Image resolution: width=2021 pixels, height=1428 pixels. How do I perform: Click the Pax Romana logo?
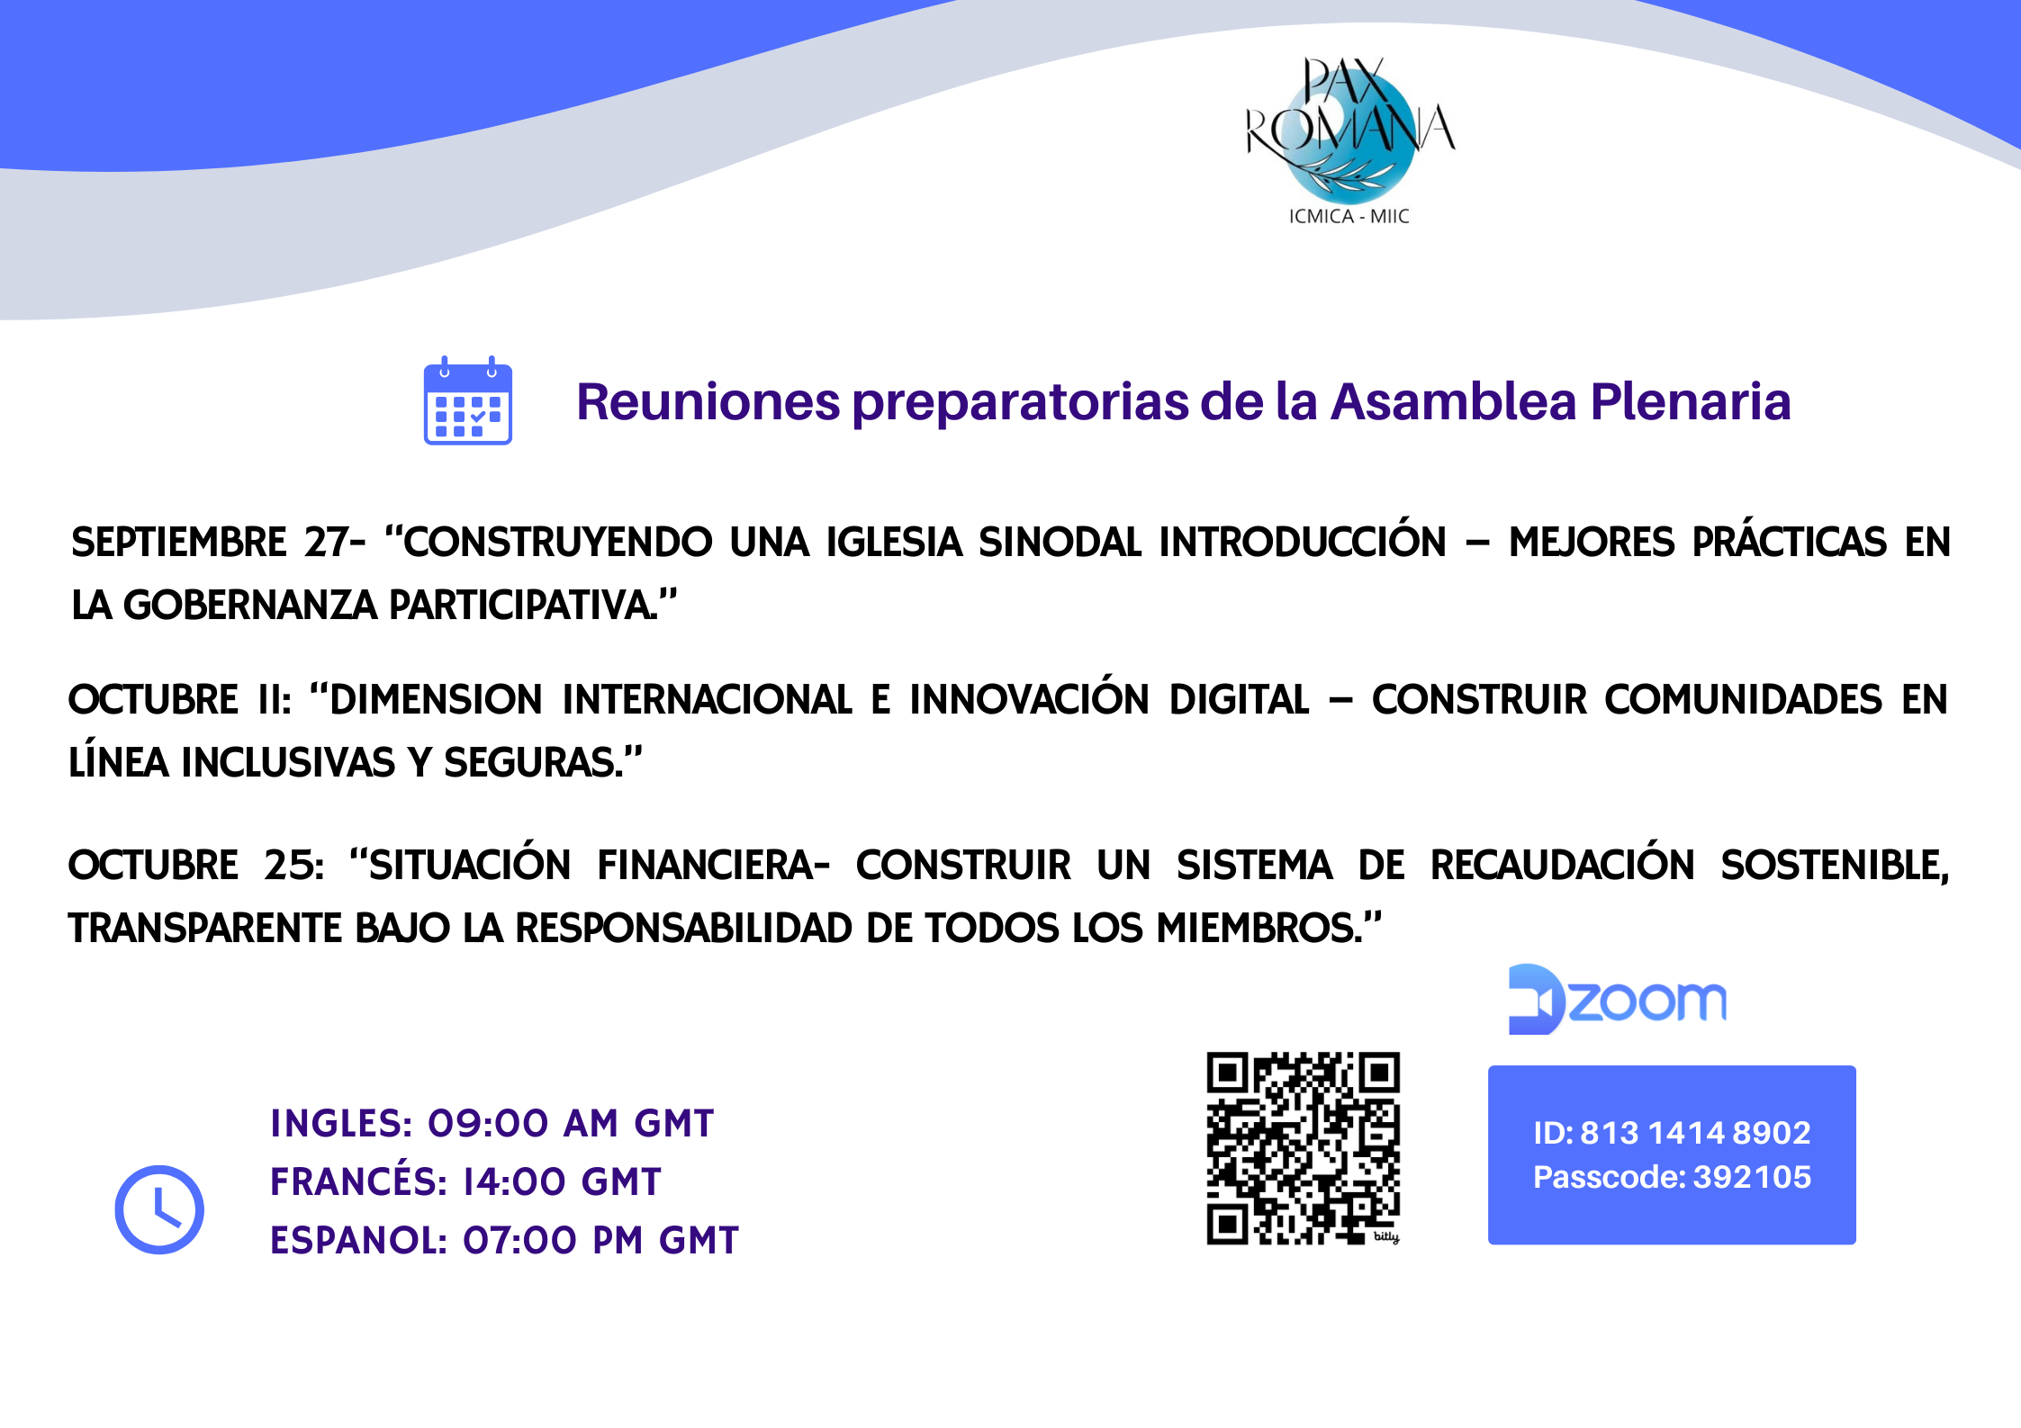click(x=1349, y=139)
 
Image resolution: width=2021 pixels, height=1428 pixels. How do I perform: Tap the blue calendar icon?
click(x=468, y=400)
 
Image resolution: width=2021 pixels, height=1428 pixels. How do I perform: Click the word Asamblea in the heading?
click(x=1454, y=401)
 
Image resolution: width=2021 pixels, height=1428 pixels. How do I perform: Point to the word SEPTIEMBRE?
click(x=179, y=542)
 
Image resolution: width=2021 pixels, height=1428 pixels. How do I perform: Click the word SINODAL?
click(x=1060, y=542)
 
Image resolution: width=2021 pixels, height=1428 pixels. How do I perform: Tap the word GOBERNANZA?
click(x=250, y=605)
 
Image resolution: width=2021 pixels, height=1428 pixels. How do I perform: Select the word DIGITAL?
click(x=1240, y=699)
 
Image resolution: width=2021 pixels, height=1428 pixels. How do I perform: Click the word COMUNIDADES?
click(x=1744, y=699)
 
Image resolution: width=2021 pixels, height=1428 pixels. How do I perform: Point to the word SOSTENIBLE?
click(x=1834, y=865)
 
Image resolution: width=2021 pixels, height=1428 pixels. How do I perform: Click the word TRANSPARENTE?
click(x=205, y=928)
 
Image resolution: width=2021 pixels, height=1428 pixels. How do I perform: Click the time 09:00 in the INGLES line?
click(x=488, y=1123)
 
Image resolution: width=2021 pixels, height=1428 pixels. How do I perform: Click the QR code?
click(x=1304, y=1148)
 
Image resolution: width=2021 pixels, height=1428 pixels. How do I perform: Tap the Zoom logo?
click(x=1618, y=1000)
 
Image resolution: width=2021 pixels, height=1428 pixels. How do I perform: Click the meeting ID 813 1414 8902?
click(x=1695, y=1132)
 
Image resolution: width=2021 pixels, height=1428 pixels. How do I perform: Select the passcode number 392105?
click(x=1753, y=1177)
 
